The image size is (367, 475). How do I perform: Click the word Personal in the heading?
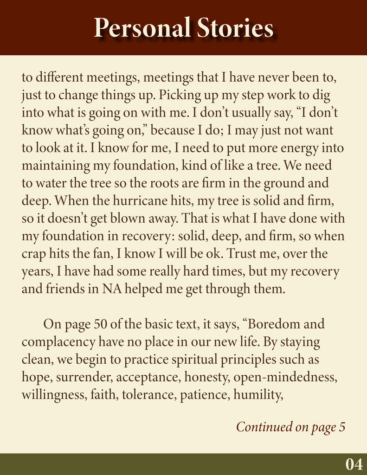[x=142, y=28]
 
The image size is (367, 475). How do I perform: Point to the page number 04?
[x=354, y=464]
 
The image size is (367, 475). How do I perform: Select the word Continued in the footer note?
[x=264, y=427]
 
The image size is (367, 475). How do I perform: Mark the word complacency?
[x=58, y=342]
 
